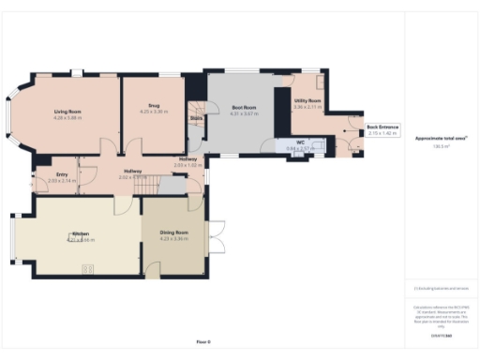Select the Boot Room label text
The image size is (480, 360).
(244, 108)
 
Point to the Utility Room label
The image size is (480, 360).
(307, 100)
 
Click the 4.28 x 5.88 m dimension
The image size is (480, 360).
(68, 117)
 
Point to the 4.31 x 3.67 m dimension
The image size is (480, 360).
(244, 114)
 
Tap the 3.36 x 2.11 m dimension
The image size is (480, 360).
(307, 107)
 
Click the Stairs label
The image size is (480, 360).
(197, 119)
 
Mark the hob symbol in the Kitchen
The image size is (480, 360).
(89, 269)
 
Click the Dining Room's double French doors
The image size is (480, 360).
(215, 236)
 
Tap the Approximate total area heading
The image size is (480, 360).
(434, 139)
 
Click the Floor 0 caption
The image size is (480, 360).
(202, 342)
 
